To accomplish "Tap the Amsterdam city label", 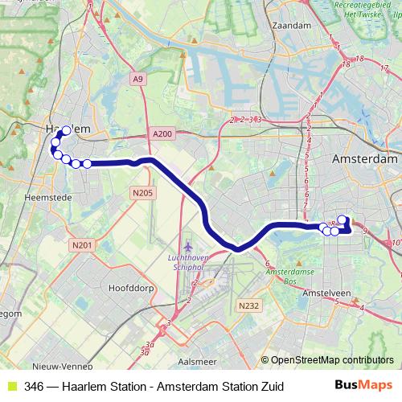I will (x=365, y=160).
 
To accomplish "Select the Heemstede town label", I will (x=49, y=195).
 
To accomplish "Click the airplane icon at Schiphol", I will (x=188, y=246).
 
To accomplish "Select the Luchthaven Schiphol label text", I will (x=188, y=261).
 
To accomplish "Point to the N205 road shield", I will (x=142, y=192).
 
